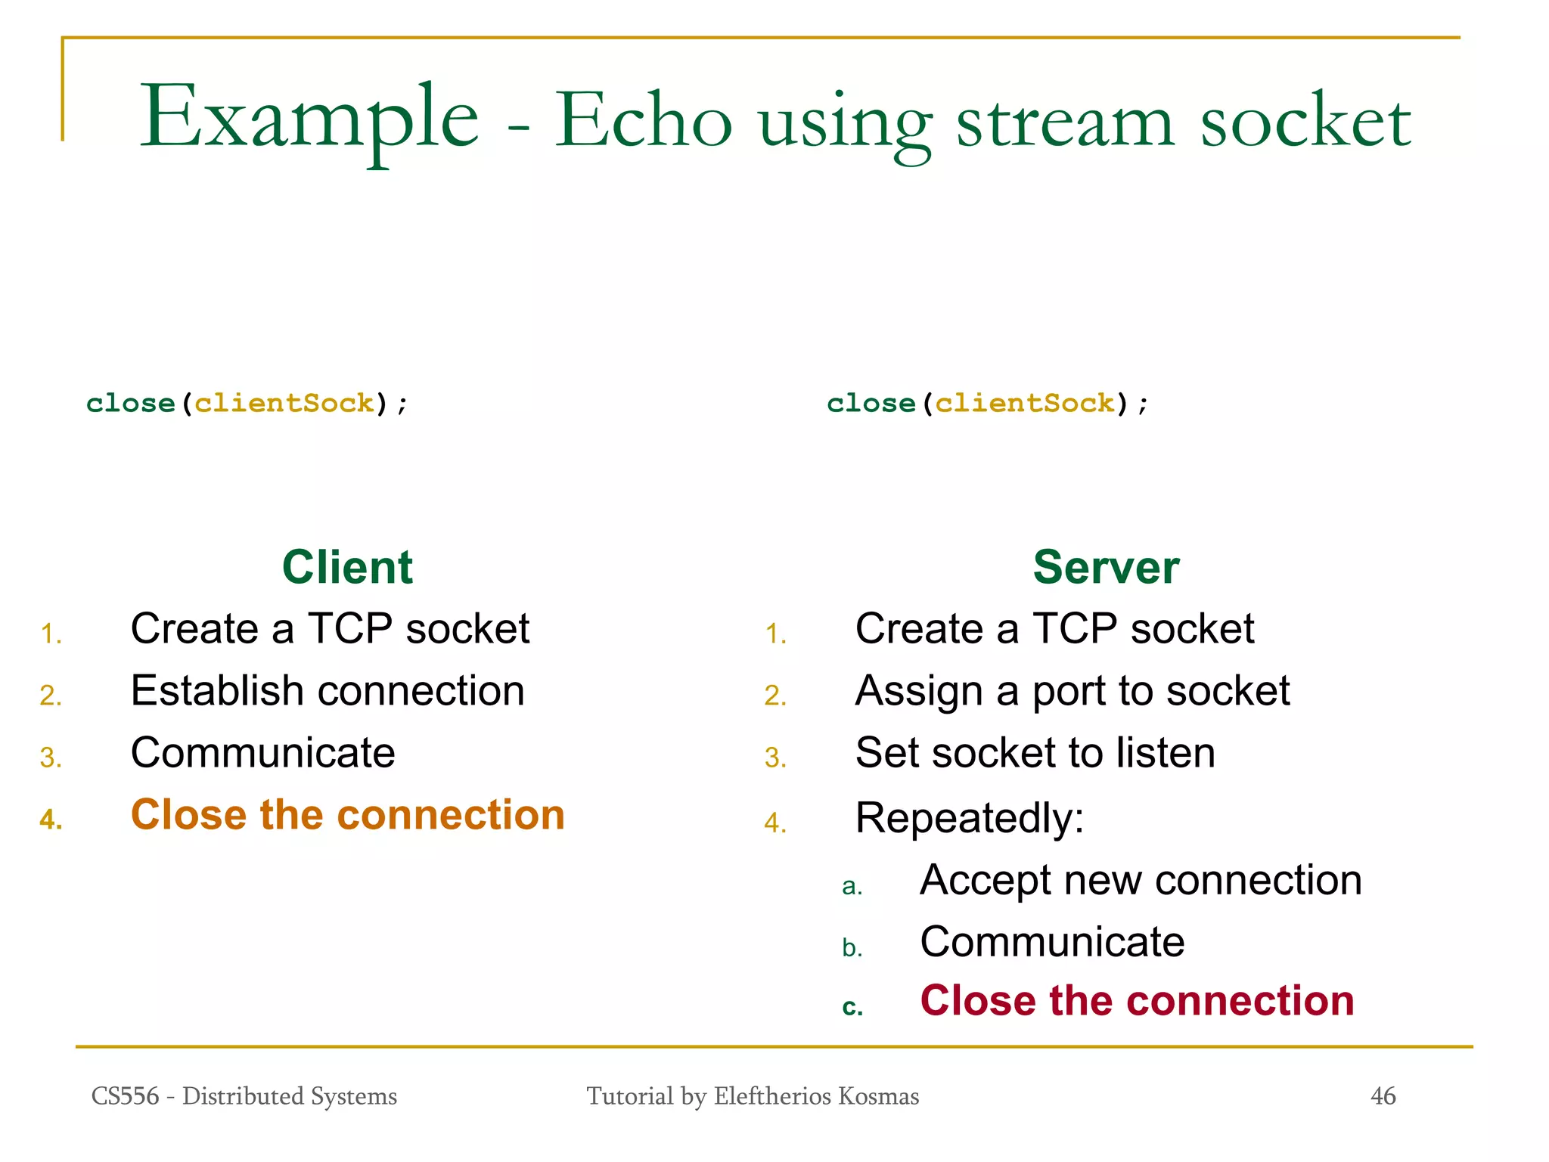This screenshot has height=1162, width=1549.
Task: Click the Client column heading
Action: (x=347, y=567)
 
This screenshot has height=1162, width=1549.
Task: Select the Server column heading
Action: (x=1106, y=567)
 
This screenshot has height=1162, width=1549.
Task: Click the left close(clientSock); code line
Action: (x=247, y=403)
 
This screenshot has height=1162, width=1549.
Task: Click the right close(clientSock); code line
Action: (x=987, y=403)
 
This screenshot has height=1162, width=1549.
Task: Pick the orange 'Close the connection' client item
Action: (x=348, y=815)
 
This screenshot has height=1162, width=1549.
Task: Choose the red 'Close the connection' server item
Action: (x=1137, y=1001)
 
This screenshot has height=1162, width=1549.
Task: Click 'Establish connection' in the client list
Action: (x=327, y=691)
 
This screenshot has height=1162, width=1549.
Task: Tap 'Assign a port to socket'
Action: (x=1072, y=691)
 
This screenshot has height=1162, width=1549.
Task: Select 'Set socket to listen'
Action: (x=1035, y=753)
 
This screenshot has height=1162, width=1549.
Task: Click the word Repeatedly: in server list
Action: (x=970, y=818)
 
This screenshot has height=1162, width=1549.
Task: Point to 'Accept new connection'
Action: (x=1141, y=880)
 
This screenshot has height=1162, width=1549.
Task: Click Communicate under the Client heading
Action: (x=262, y=753)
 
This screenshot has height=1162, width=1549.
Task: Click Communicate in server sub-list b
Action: (x=1052, y=942)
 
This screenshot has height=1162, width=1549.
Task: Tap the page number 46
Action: (x=1383, y=1095)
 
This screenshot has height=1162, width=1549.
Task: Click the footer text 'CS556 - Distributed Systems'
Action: (x=244, y=1095)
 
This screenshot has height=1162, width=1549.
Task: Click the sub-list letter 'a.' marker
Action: (x=852, y=886)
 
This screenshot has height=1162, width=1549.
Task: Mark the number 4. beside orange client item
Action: (x=51, y=820)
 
